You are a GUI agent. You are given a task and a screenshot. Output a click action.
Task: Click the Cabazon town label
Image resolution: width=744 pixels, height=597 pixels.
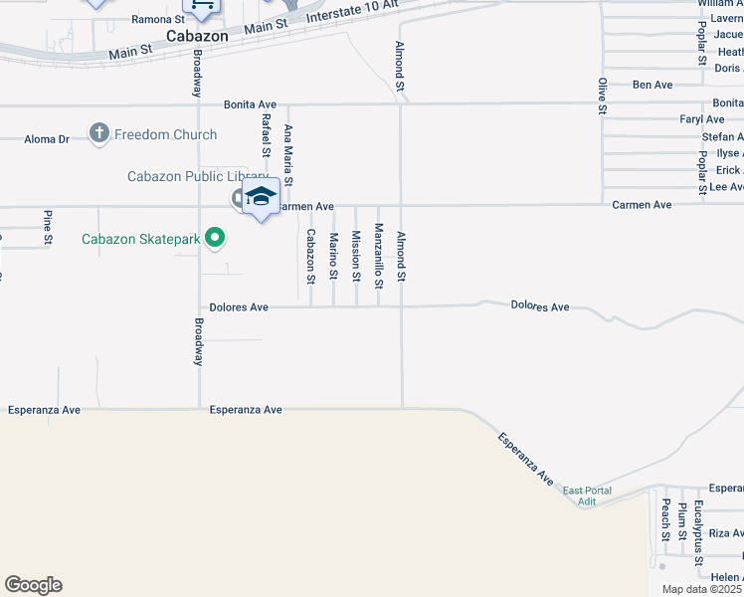(x=197, y=36)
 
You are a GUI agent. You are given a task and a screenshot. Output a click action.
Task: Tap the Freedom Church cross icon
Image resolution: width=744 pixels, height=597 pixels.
(x=98, y=133)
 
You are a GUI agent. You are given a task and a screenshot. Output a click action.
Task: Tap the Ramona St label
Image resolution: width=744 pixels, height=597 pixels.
(x=158, y=19)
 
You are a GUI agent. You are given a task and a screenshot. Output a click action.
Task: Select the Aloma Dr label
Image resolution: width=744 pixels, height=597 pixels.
(x=47, y=139)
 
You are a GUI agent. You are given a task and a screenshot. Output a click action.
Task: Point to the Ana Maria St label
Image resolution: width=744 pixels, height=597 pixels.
(x=288, y=154)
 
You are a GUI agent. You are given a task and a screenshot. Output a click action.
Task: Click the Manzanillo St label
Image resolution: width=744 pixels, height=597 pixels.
(x=378, y=256)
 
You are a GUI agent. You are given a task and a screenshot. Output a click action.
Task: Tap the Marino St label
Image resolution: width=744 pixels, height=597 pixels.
(x=333, y=256)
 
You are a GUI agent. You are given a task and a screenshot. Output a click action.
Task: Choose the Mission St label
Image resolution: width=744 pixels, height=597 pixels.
(x=355, y=256)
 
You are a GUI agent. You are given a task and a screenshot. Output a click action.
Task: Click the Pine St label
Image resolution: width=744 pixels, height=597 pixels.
(x=47, y=227)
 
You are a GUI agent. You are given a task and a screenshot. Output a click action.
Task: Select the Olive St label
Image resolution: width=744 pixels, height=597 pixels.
(x=601, y=96)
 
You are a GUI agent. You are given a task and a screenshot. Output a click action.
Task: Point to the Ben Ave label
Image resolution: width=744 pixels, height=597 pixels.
(x=651, y=86)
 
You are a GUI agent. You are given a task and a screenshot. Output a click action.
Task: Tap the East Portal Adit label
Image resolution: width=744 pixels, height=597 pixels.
(x=587, y=496)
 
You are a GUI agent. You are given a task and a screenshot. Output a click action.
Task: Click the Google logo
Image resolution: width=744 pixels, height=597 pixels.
(x=33, y=585)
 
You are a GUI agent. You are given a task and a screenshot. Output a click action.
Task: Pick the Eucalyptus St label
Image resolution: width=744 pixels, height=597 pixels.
(x=699, y=526)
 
